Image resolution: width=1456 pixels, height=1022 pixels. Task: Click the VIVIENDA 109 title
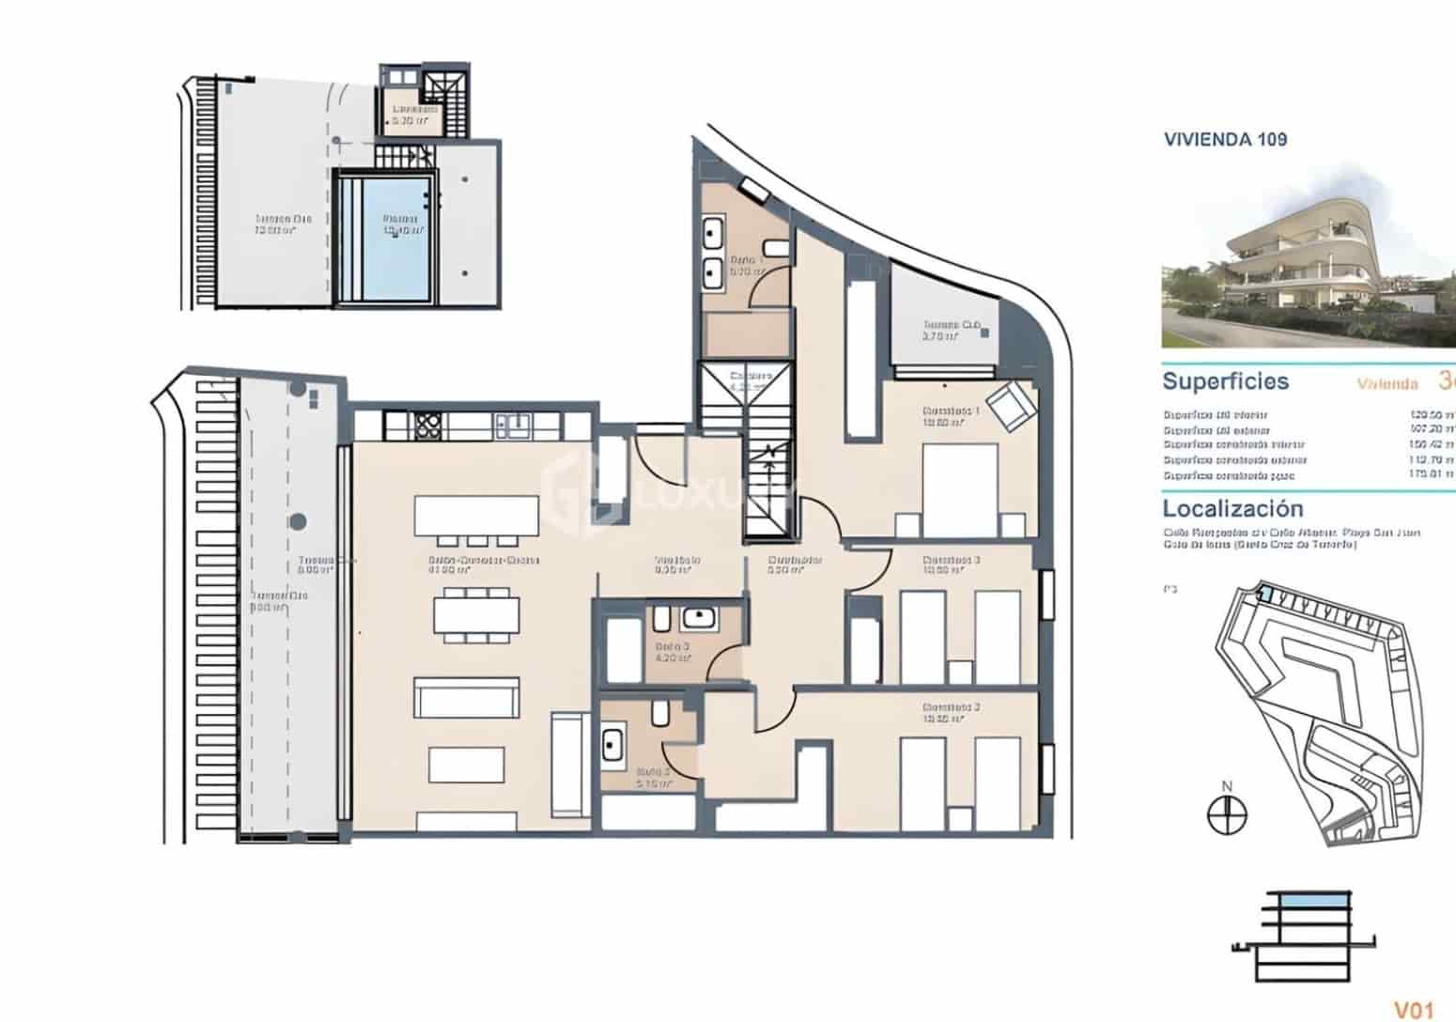[x=1225, y=140]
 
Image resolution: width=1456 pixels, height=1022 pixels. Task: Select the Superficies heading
[x=1225, y=381]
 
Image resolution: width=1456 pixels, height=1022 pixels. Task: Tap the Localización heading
[x=1232, y=509]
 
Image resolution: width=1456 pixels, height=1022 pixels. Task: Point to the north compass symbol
[x=1226, y=813]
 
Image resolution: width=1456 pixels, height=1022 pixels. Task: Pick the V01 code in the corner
[x=1413, y=1010]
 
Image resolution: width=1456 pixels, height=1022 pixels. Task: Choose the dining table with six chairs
[x=476, y=614]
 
